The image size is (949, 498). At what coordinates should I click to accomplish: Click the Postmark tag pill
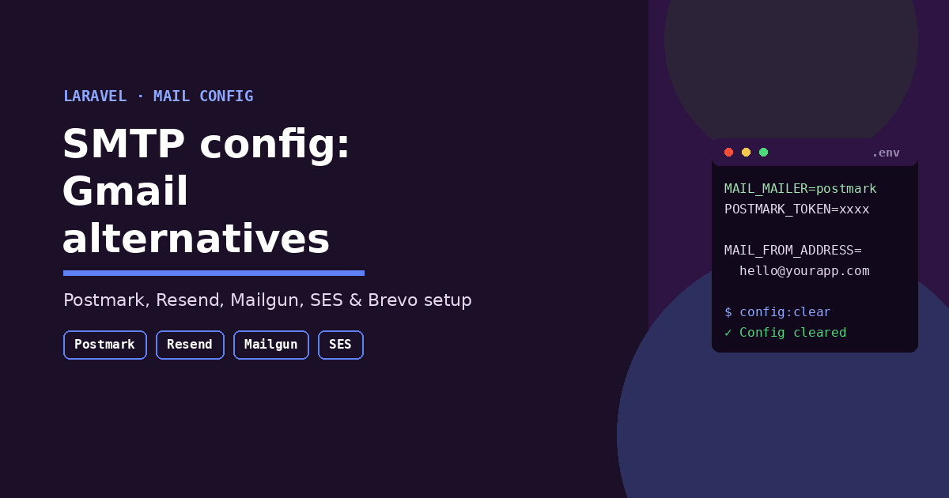point(105,345)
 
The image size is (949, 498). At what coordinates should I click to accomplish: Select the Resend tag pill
point(190,345)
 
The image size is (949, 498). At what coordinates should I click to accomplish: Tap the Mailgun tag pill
point(271,345)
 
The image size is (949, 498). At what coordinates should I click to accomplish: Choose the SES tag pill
point(341,345)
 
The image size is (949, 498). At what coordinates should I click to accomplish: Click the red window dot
point(728,153)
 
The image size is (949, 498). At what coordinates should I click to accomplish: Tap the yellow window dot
point(746,153)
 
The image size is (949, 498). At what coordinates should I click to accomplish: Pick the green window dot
point(763,153)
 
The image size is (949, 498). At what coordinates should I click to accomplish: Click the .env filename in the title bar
point(886,153)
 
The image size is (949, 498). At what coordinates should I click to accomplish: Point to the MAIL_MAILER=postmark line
point(800,188)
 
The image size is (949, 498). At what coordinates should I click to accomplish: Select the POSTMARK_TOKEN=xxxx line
point(796,209)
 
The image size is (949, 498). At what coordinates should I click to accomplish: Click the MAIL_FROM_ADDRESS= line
point(792,251)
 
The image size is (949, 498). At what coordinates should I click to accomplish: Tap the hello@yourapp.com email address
point(804,271)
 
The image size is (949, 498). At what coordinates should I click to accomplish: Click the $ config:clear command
point(777,312)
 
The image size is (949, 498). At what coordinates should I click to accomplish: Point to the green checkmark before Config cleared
point(728,333)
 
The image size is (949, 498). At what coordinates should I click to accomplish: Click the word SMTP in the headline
point(123,144)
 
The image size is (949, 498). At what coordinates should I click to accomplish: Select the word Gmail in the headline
point(125,191)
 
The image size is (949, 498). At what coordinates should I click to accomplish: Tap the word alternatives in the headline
point(196,239)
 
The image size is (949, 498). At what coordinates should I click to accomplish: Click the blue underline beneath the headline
point(214,274)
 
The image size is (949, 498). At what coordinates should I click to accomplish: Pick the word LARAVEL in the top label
point(95,96)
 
